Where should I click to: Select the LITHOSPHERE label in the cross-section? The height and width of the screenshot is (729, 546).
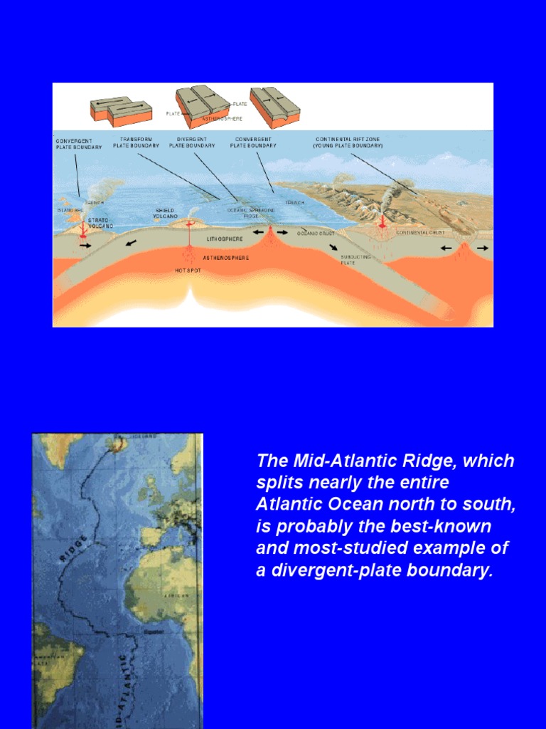(225, 241)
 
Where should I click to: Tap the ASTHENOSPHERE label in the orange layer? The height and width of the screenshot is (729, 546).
(226, 258)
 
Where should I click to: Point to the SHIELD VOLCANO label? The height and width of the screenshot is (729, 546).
(165, 214)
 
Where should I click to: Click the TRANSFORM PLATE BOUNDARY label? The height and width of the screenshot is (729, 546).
(136, 142)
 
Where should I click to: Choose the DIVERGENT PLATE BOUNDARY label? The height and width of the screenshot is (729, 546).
(192, 142)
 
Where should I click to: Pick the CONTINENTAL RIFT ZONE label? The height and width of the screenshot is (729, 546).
(348, 142)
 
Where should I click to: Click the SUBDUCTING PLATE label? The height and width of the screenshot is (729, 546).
(356, 259)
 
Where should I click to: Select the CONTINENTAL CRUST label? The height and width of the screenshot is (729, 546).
(420, 233)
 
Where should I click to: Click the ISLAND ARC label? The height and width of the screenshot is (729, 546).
(70, 211)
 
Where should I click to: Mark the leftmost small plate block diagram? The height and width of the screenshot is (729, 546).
(120, 111)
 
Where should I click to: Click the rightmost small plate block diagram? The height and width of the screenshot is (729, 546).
(274, 107)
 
